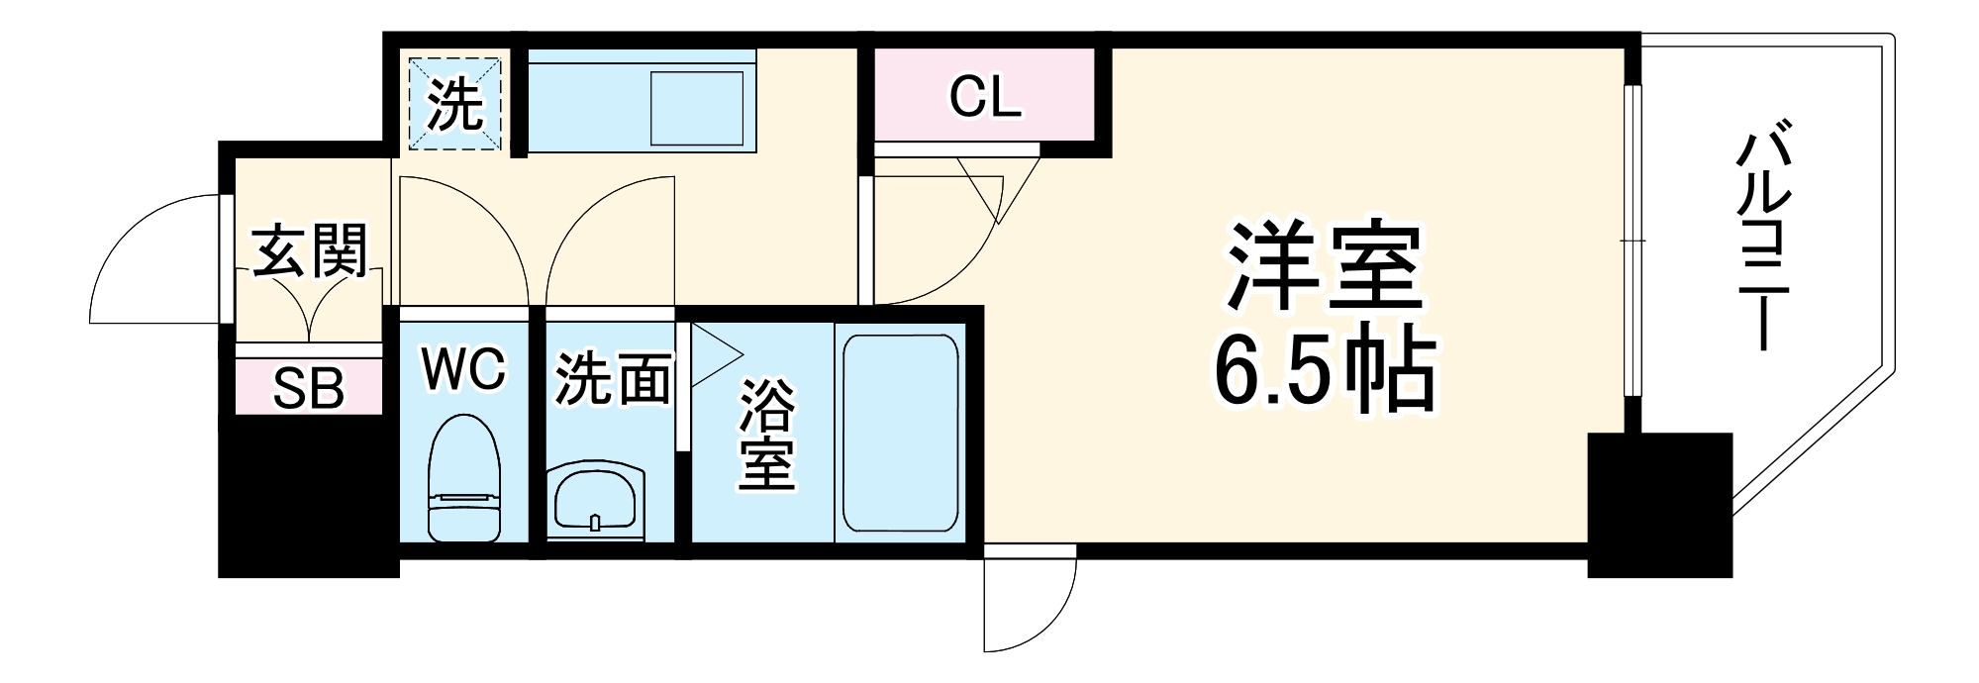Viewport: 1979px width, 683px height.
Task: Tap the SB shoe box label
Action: tap(309, 389)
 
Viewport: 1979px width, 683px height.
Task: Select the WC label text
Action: tap(463, 369)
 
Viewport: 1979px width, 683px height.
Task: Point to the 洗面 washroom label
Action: tap(612, 379)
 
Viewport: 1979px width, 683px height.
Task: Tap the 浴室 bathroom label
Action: tap(767, 437)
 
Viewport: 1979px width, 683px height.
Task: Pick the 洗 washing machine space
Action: tap(455, 103)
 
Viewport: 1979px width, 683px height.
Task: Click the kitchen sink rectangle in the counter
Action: tap(696, 107)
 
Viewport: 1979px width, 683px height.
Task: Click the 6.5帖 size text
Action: tap(1325, 373)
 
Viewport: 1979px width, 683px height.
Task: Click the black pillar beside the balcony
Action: tap(1659, 505)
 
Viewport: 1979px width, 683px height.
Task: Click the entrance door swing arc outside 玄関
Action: tap(148, 257)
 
